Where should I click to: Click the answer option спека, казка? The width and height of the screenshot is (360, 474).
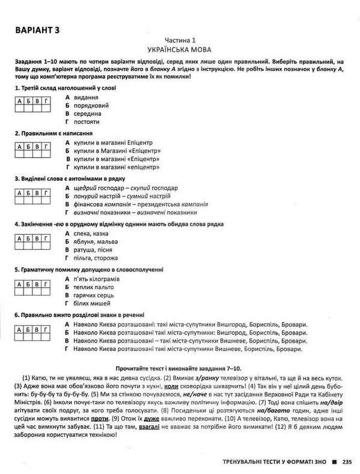click(92, 232)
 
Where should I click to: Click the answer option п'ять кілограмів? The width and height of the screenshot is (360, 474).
click(99, 279)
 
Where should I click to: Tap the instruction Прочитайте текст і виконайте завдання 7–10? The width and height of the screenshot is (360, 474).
click(180, 367)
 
